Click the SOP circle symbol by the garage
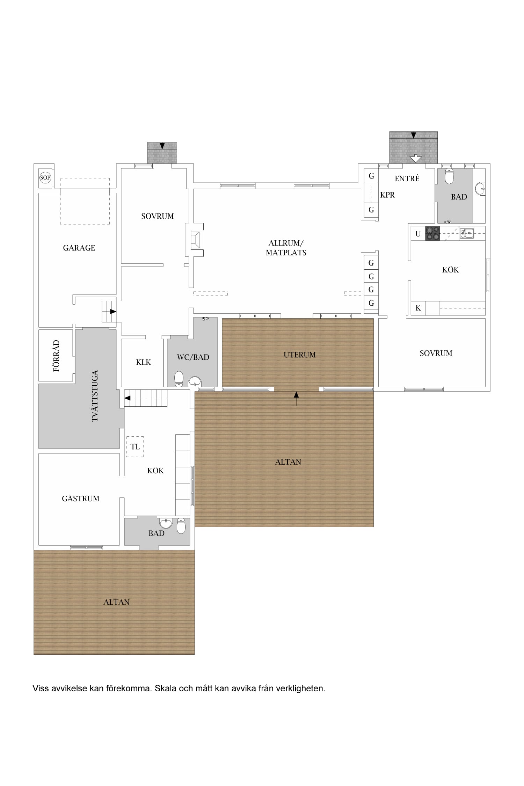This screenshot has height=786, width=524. pos(45,177)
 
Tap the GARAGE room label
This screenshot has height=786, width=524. pos(79,248)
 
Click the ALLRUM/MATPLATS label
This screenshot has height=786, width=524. pos(286,248)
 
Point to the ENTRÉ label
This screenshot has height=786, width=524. pos(407,178)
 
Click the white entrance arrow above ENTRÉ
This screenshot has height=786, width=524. pos(415,158)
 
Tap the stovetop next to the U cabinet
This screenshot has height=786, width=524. pos(432,233)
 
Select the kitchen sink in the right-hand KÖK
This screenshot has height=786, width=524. pos(467,233)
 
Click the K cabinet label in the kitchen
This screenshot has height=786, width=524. pos(418,308)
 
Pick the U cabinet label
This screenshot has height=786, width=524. pos(418,234)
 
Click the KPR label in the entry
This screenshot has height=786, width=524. pos(387,195)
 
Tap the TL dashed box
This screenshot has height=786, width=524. pos(135,447)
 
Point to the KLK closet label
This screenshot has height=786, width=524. pos(144,362)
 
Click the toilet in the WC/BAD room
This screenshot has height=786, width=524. pos(179,379)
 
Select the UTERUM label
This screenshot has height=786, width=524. pos(300,355)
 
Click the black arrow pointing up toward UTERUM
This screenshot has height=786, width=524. pos(296,399)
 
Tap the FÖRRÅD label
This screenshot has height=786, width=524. pos(56,356)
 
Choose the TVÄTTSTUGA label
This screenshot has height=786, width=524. pos(95,396)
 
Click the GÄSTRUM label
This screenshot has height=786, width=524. pos(81,498)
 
